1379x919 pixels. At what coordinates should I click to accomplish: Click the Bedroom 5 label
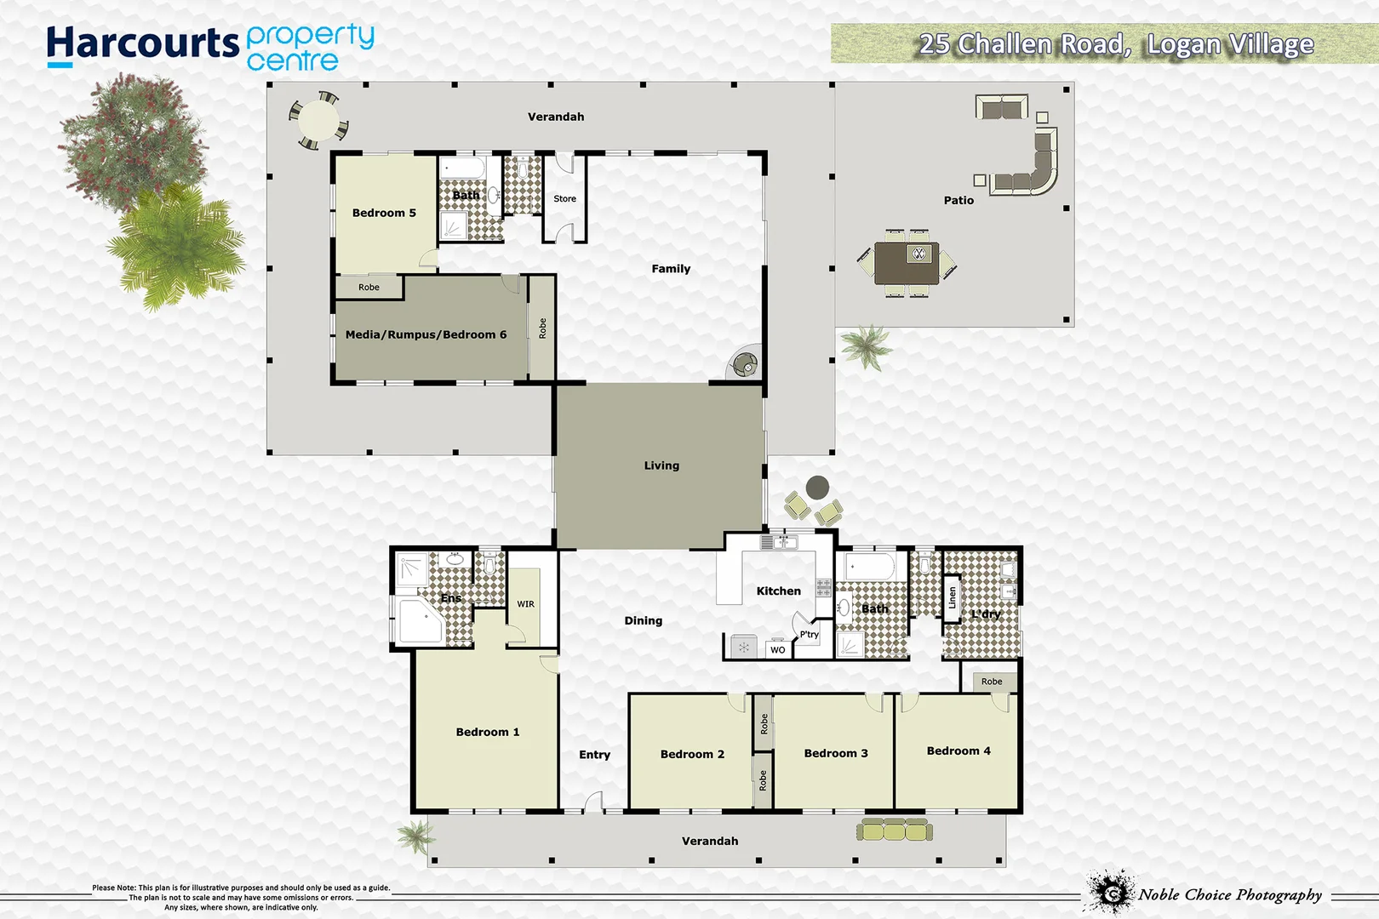(384, 213)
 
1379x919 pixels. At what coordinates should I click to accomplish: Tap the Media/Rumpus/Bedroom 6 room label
(426, 334)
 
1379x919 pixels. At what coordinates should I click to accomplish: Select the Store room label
(564, 198)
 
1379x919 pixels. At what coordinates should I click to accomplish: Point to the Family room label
(671, 269)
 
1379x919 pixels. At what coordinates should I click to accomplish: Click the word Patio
(958, 200)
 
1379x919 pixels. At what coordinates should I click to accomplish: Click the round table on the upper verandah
(318, 120)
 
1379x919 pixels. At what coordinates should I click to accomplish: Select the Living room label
(661, 465)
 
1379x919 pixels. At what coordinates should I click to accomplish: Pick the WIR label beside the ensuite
(526, 604)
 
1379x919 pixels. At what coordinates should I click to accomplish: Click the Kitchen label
(778, 591)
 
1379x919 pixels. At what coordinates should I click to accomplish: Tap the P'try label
(809, 634)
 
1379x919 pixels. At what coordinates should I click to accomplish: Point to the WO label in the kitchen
(777, 649)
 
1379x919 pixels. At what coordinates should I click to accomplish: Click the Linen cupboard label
(953, 597)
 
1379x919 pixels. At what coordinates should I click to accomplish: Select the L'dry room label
(985, 614)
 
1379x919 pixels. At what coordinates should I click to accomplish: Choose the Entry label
(594, 755)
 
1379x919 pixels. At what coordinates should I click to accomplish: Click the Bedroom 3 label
(836, 753)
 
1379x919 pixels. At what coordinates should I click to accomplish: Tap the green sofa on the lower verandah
(894, 829)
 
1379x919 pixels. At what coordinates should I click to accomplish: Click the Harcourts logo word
(143, 43)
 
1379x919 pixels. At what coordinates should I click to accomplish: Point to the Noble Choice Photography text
(1230, 894)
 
